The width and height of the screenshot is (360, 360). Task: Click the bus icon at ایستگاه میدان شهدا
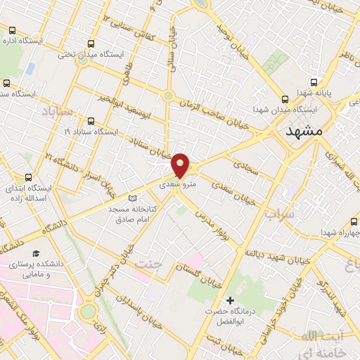(x=285, y=100)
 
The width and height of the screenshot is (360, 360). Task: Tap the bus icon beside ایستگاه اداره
(x=13, y=30)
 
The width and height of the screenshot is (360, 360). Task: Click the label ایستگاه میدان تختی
(x=120, y=54)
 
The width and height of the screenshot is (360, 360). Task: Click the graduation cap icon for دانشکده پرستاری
(x=36, y=252)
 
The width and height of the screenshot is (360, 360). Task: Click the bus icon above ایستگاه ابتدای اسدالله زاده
(x=27, y=178)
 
